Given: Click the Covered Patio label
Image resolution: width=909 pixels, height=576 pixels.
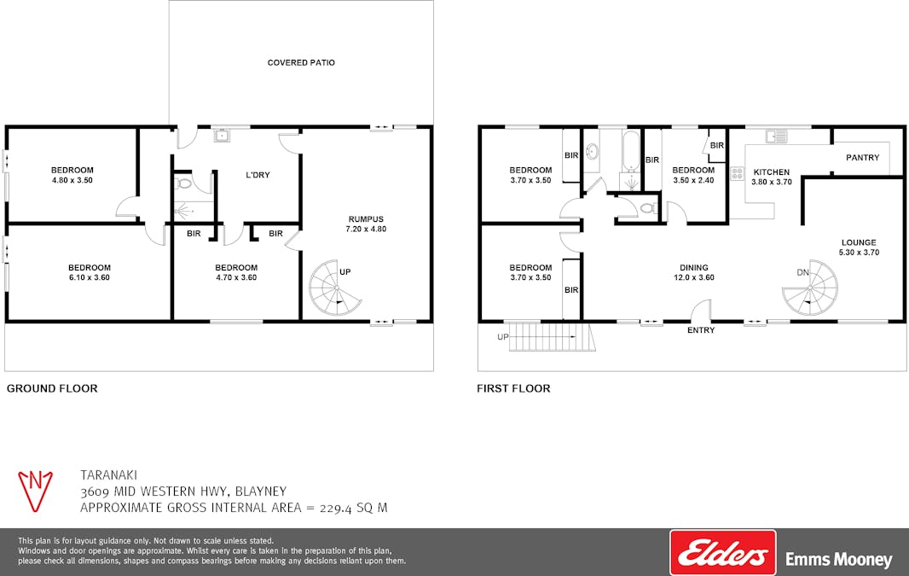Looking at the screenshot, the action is click(301, 62).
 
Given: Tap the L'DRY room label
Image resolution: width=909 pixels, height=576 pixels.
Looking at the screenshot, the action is click(258, 175).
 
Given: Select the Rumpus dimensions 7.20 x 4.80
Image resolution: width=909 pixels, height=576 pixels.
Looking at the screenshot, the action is click(366, 230).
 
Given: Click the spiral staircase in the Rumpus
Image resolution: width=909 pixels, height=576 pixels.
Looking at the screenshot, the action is click(335, 288).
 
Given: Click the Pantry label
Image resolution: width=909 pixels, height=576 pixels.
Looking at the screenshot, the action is click(862, 157).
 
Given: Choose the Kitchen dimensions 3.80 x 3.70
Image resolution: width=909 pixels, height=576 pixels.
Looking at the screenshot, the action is click(772, 182).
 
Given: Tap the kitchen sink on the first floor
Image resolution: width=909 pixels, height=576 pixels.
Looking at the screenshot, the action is click(776, 137).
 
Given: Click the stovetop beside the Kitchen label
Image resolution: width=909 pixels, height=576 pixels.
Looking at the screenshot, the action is click(738, 173).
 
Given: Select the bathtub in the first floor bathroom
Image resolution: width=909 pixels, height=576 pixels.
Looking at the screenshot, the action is click(631, 151).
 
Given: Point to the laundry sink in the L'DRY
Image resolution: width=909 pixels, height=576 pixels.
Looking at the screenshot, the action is click(222, 135).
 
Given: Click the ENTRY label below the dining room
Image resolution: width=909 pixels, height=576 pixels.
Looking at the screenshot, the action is click(701, 330).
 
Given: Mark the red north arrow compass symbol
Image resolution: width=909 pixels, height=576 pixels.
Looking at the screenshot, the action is click(35, 491).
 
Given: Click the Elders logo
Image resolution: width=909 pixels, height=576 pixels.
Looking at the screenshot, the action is click(723, 553).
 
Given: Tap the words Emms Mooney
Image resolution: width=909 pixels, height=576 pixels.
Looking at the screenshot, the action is click(839, 560).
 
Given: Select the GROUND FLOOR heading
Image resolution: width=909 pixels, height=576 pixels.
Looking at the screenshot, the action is click(52, 388).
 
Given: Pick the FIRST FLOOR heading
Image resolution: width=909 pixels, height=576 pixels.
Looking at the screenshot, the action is click(513, 388).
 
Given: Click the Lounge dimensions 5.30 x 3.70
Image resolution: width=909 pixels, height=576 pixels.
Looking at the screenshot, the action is click(859, 253).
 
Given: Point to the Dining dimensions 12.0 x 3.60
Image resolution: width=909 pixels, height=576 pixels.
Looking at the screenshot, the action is click(694, 277).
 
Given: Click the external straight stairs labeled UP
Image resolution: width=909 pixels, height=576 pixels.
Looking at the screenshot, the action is click(552, 337).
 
